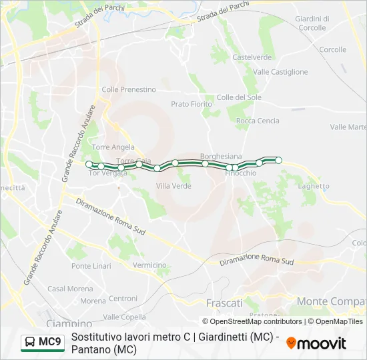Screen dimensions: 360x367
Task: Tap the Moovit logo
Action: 316,343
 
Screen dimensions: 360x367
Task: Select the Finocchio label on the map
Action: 240,173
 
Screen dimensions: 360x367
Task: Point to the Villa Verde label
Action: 173,186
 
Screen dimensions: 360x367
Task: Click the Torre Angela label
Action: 113,147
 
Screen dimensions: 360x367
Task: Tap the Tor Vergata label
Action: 107,173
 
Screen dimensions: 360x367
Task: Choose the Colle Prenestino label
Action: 129,89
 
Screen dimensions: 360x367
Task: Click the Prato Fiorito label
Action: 191,104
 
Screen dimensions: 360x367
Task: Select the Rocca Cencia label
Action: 258,121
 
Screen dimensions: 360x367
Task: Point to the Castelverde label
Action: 252,57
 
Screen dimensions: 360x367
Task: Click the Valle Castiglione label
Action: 280,71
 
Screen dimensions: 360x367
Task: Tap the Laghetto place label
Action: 314,187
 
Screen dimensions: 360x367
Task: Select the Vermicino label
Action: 149,265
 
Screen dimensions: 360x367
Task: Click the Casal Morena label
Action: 70,289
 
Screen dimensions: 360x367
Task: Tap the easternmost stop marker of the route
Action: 279,160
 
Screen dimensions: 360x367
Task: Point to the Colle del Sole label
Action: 239,97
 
